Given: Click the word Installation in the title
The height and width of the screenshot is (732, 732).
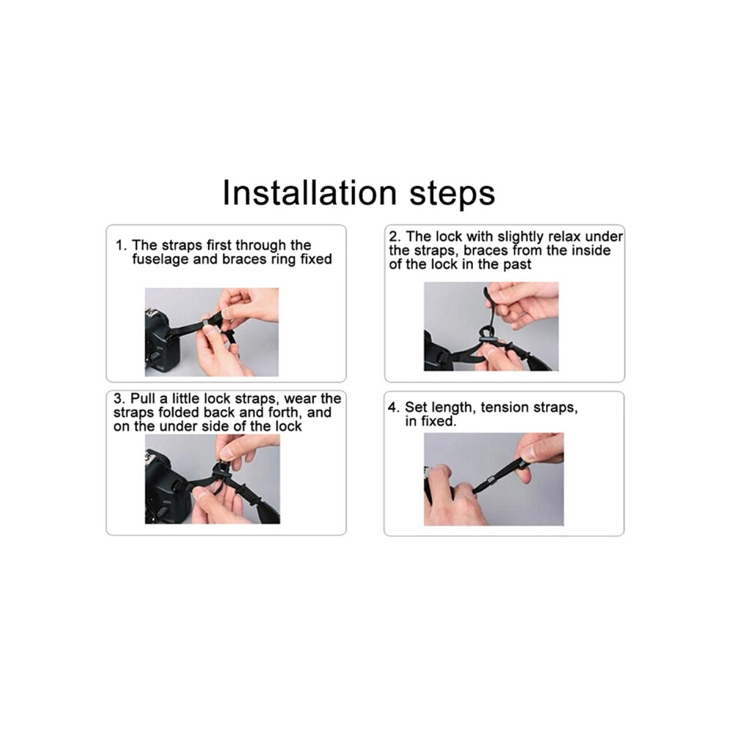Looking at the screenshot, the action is click(x=309, y=193).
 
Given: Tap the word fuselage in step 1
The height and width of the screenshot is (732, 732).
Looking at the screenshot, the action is click(x=160, y=260).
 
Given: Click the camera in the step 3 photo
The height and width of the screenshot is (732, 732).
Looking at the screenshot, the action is click(x=165, y=488).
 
